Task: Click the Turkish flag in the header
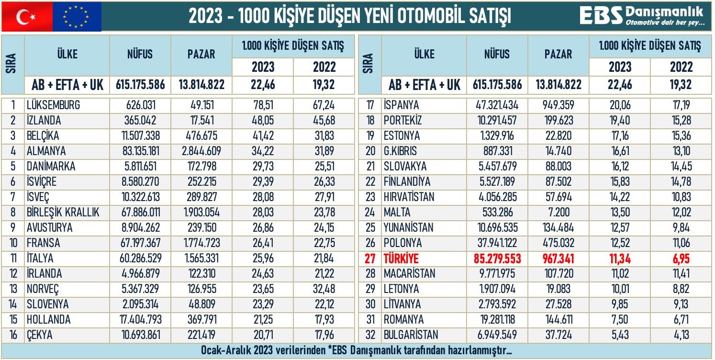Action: (27, 17)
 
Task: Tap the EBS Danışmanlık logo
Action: (642, 16)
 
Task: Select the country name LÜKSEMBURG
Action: (53, 105)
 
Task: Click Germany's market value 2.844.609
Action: (201, 151)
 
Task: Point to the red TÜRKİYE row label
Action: (401, 259)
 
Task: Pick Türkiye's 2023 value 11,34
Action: (620, 259)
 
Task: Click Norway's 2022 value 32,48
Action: (323, 290)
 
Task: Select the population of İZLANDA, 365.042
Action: (140, 121)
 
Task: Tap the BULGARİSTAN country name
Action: (411, 335)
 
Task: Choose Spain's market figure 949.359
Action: (559, 105)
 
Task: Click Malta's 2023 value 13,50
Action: (620, 213)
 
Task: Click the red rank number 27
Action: (370, 259)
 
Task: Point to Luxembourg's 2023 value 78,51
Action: (263, 105)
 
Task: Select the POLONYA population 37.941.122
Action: (497, 243)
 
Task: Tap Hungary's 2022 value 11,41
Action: (681, 274)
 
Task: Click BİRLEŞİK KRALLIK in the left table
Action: (63, 213)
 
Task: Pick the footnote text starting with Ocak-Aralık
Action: (357, 351)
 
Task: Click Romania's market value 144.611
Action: (559, 320)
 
